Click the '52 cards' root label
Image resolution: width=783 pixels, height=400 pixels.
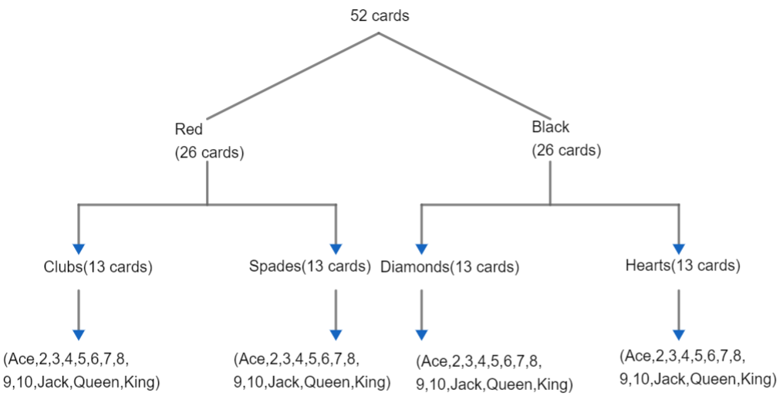[380, 15]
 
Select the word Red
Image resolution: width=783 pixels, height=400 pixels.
[189, 129]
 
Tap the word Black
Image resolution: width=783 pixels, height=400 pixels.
[550, 127]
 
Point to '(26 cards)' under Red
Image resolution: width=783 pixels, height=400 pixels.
[210, 153]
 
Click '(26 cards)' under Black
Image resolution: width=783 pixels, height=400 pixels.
[566, 150]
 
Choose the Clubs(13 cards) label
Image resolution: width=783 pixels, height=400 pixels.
[98, 267]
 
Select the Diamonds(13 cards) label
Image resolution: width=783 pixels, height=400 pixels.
[450, 267]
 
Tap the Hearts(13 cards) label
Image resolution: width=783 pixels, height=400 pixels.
[683, 266]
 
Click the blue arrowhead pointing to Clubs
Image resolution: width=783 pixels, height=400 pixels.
[78, 248]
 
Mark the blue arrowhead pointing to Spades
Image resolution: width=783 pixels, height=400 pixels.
[336, 248]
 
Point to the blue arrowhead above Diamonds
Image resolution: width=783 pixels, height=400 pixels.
[421, 248]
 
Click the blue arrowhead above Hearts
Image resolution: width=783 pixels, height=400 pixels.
[679, 248]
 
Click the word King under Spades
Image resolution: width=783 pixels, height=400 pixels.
[373, 382]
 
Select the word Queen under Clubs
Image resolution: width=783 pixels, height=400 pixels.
[114, 381]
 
